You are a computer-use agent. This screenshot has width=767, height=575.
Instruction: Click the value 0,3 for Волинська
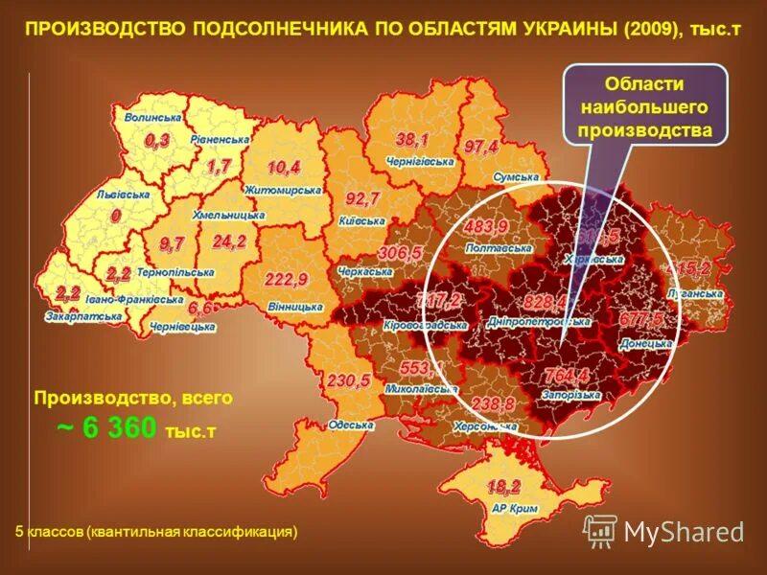coord(157,141)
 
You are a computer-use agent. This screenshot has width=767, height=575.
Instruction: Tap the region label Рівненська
coord(220,139)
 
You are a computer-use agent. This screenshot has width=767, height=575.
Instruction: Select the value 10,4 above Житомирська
coord(284,168)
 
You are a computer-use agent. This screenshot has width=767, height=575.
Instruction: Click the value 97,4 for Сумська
coord(481,148)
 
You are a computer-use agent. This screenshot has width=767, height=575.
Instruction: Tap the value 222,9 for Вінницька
coord(287,280)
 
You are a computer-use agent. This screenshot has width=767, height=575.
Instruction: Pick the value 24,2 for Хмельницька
coord(229,241)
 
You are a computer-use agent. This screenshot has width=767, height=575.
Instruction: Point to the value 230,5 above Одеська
coord(348,380)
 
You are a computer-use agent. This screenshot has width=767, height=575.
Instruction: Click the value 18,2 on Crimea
coord(503,485)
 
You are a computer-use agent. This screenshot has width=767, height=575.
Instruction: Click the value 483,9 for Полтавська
coord(486,226)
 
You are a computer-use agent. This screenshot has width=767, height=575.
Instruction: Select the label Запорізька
coord(570,395)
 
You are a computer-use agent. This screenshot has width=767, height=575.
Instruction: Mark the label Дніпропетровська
coord(538,323)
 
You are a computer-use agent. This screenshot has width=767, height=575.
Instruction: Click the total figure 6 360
coord(119,428)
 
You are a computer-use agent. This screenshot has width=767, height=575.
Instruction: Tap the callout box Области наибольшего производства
coord(643,104)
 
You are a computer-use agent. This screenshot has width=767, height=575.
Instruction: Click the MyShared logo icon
coord(601,530)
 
